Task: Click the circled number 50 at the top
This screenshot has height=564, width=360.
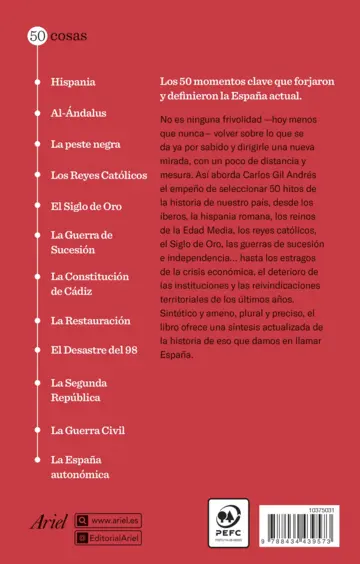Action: [35, 36]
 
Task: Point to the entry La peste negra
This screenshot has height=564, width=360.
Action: [84, 144]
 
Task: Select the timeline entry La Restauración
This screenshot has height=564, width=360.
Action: [90, 320]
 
